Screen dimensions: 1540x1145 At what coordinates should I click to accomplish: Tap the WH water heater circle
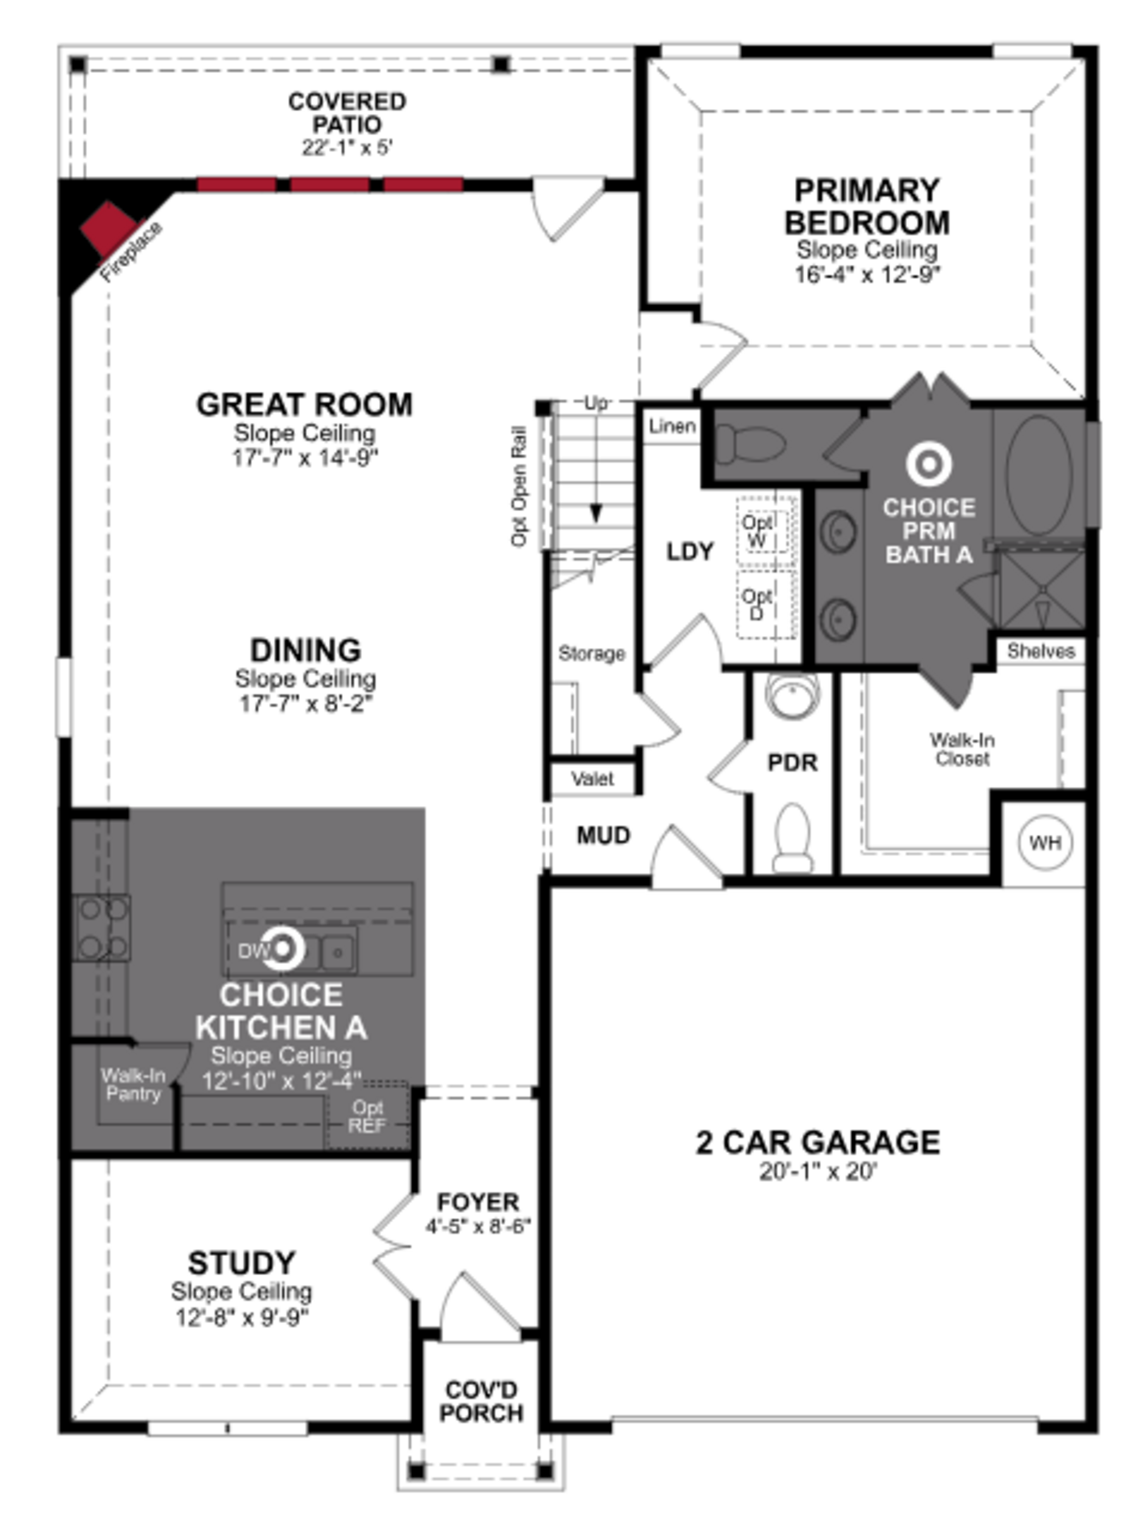(x=1045, y=842)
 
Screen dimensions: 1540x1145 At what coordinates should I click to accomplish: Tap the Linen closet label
(x=671, y=426)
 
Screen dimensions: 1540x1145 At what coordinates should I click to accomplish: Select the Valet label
(x=592, y=779)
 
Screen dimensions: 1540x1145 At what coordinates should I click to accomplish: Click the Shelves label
(x=1040, y=651)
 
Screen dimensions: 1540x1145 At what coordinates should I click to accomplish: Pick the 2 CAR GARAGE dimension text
(x=818, y=1172)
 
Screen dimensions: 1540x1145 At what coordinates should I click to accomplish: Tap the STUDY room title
(x=242, y=1263)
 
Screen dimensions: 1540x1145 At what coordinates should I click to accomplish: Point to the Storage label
(x=591, y=653)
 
